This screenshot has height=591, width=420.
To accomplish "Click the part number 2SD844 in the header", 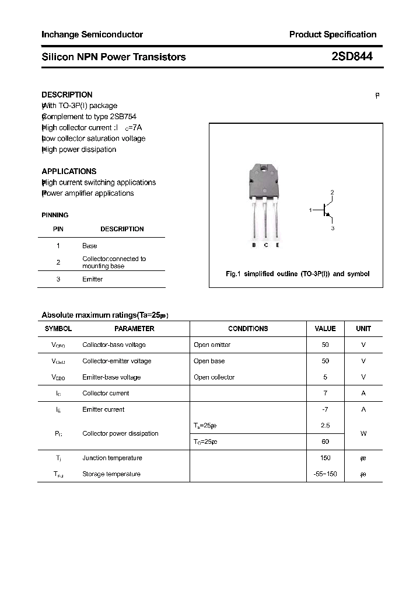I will click(x=352, y=57).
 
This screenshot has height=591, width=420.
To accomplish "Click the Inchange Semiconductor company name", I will click(x=92, y=34).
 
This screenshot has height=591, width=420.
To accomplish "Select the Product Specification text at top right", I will click(x=332, y=34).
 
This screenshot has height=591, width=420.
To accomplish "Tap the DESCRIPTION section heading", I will click(x=67, y=95).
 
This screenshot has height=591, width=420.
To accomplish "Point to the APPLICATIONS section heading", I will click(x=69, y=171).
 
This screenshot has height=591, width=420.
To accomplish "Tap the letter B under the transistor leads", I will click(x=254, y=245).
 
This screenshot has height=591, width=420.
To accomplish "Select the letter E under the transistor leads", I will click(x=278, y=245).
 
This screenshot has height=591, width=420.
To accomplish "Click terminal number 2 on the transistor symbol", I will click(x=332, y=192).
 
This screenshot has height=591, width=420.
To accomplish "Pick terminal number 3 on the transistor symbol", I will click(x=332, y=228).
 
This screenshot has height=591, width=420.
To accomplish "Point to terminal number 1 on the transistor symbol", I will click(x=311, y=209).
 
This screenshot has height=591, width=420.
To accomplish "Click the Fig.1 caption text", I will click(x=297, y=274).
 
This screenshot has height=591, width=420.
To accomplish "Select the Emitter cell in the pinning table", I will click(x=92, y=279).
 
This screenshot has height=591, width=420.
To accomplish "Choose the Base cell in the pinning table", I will click(x=89, y=246).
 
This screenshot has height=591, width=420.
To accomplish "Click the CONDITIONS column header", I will click(x=248, y=329).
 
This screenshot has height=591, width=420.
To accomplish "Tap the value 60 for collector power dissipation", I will click(x=325, y=442).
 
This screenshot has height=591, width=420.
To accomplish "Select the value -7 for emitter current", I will click(x=325, y=409).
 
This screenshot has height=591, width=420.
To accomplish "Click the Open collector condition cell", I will click(x=214, y=377).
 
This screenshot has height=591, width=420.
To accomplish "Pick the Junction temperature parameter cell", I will click(x=112, y=458).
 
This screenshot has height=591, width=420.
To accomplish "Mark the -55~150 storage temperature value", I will click(x=325, y=474).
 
